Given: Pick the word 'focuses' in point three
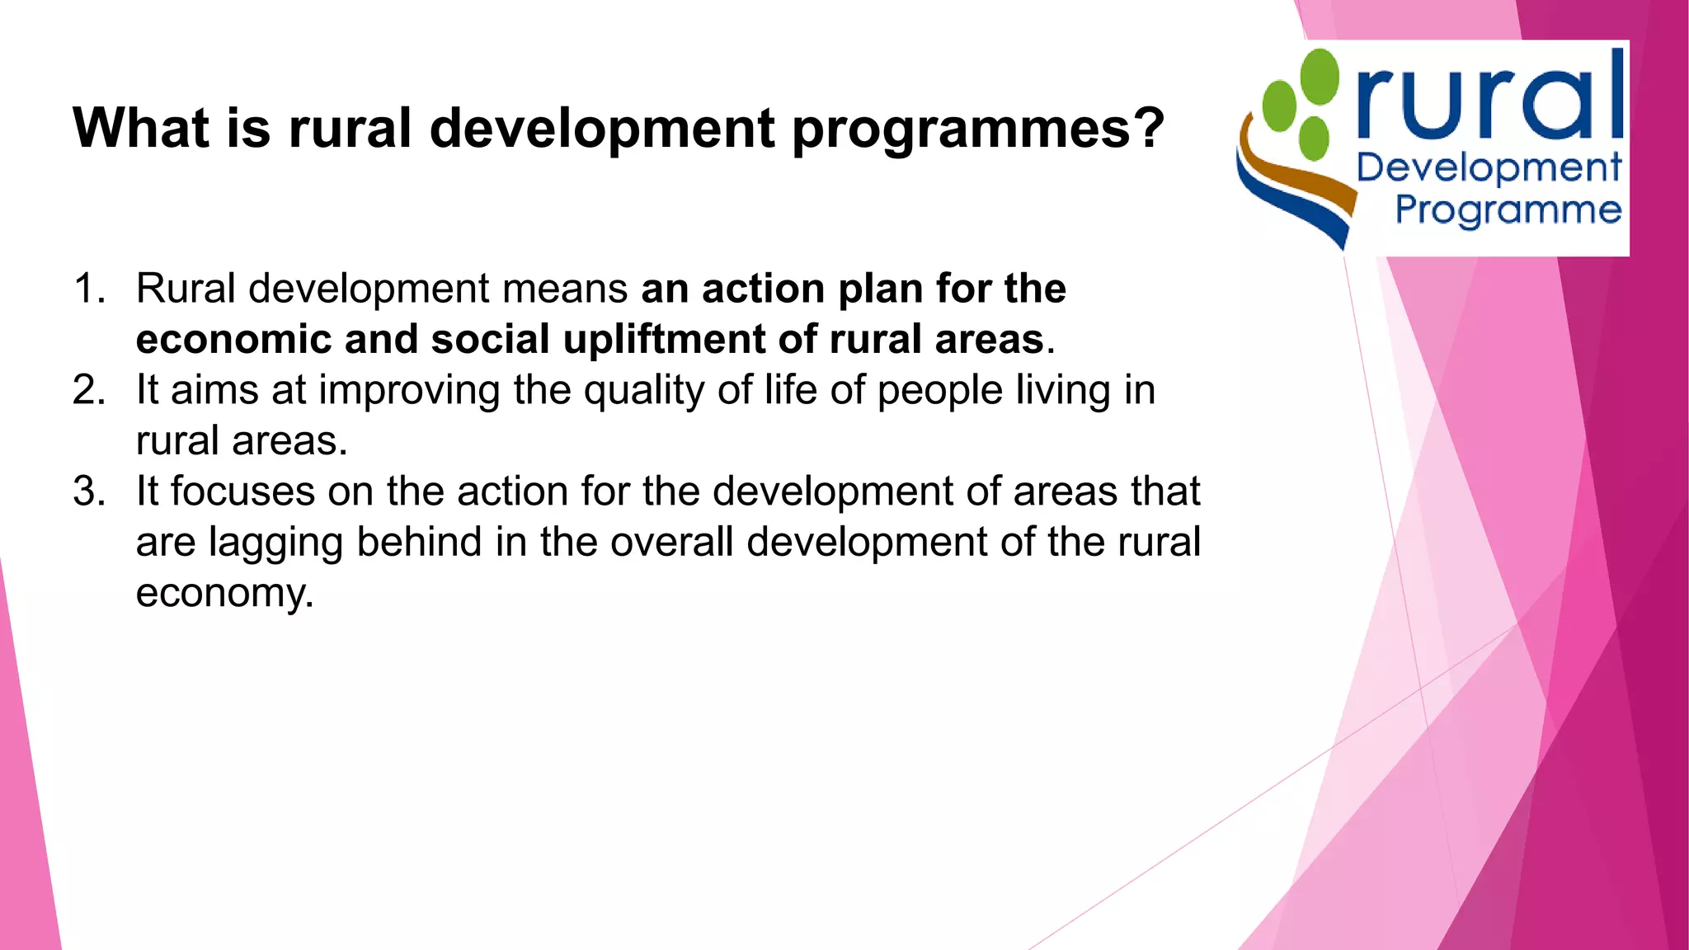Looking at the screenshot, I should [242, 491].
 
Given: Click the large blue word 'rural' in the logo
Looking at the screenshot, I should [1489, 99].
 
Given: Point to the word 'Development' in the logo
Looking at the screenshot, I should [1489, 169].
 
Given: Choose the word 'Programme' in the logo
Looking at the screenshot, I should [1508, 210].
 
